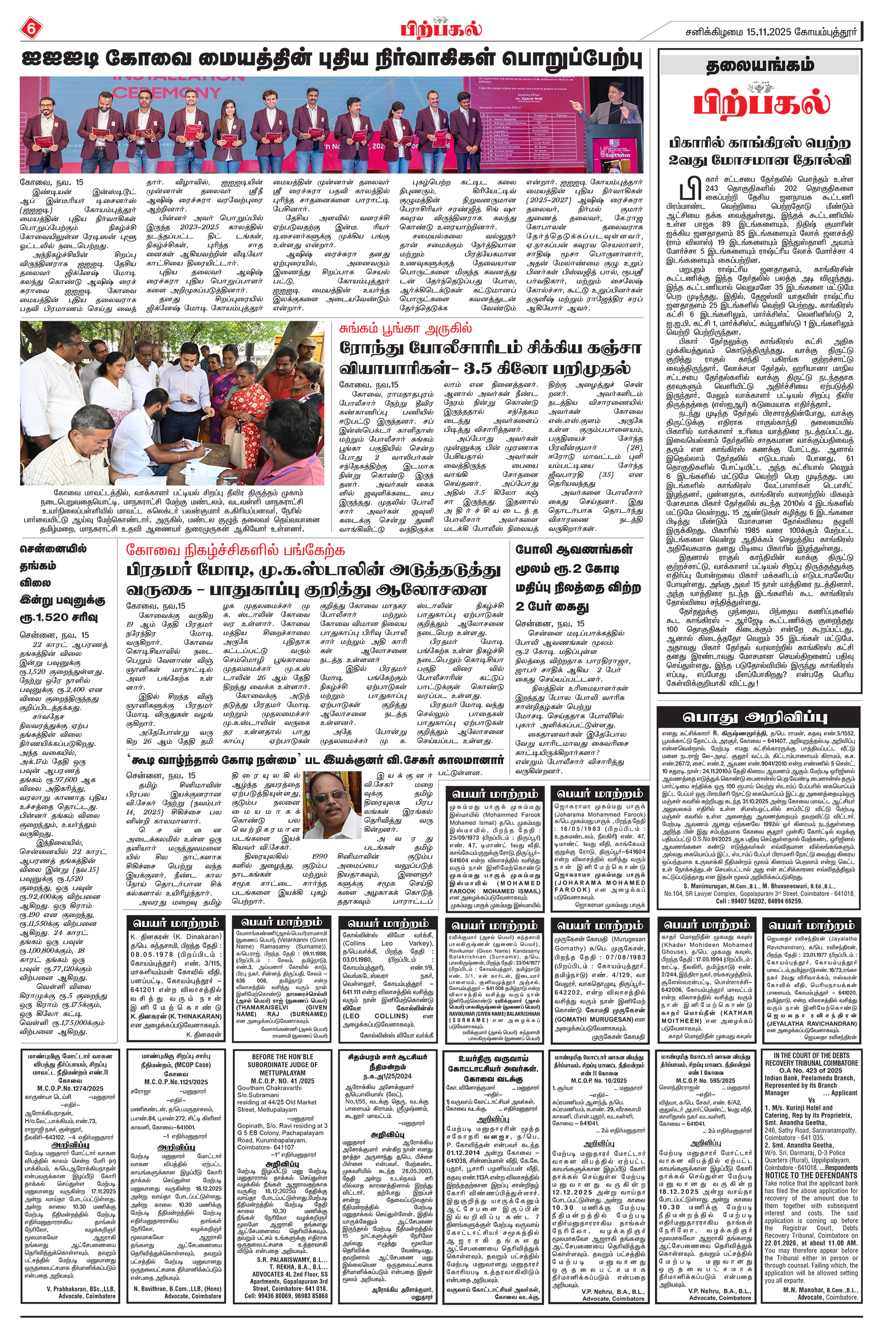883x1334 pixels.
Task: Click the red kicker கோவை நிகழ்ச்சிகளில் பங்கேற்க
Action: (235, 550)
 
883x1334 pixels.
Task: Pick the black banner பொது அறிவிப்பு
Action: (758, 717)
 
